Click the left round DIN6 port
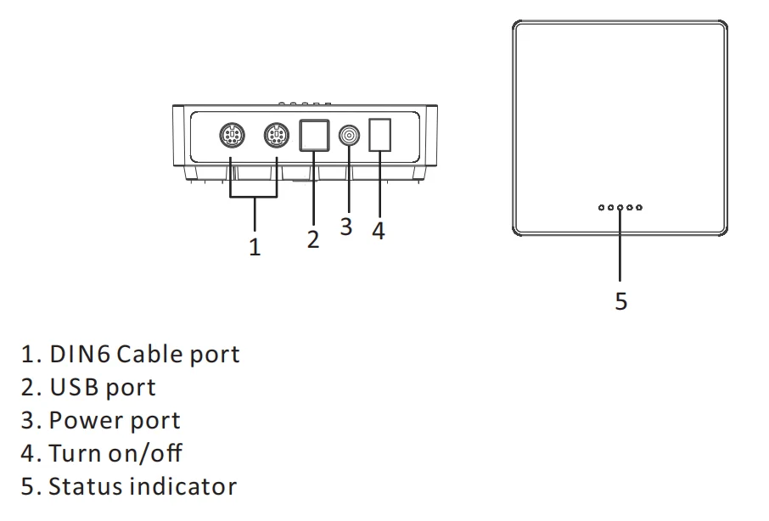click(232, 135)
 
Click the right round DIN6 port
click(277, 135)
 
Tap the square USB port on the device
click(314, 135)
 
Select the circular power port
click(349, 135)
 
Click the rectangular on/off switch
click(379, 135)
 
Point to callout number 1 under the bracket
click(255, 247)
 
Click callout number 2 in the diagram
click(313, 239)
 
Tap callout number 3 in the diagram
click(346, 227)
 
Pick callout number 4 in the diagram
click(379, 230)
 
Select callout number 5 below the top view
click(621, 301)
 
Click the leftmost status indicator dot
click(602, 208)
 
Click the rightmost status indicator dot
click(639, 208)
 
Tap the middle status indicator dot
click(620, 208)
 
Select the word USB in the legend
click(74, 387)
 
